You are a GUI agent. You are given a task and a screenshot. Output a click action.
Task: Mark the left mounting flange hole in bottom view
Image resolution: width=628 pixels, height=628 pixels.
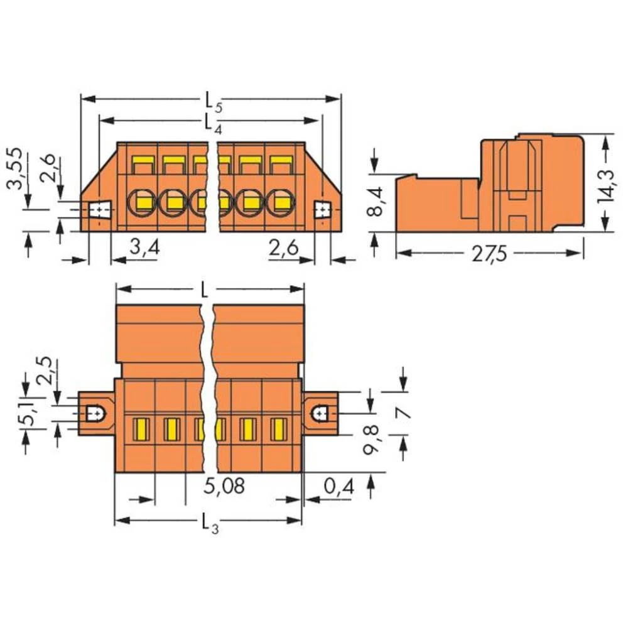point(95,413)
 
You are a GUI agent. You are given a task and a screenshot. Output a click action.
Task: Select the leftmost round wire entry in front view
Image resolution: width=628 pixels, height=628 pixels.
point(141,202)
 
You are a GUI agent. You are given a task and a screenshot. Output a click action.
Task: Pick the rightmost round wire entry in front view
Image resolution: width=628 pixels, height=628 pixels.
point(281,202)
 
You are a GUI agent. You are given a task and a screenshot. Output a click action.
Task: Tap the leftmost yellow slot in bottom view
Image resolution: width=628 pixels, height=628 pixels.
point(140,429)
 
